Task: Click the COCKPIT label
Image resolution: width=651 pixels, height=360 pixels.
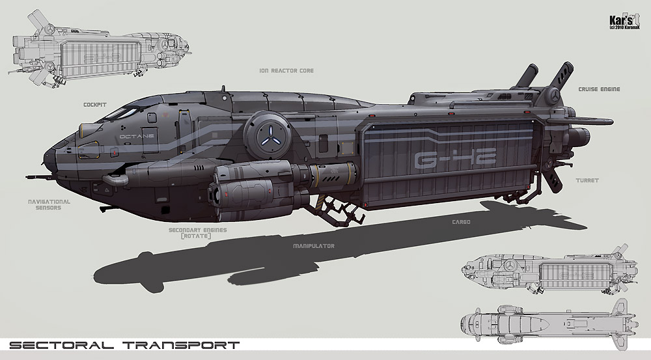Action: click(94, 105)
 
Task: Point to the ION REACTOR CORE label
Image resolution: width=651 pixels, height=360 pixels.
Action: click(286, 70)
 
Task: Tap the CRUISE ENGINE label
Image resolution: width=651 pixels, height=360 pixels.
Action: click(599, 89)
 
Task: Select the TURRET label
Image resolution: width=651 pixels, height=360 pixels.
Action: click(587, 180)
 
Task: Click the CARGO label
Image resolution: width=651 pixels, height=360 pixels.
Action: click(461, 222)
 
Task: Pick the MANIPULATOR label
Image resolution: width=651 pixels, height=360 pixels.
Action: click(314, 246)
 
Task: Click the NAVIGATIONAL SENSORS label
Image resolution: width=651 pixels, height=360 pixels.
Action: click(49, 204)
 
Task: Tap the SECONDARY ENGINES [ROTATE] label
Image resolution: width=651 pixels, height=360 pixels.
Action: click(198, 233)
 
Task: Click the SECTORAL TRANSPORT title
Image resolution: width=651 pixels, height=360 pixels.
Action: click(124, 345)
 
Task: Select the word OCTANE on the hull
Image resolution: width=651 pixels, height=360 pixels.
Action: click(137, 136)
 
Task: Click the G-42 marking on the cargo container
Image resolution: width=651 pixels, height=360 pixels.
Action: click(456, 159)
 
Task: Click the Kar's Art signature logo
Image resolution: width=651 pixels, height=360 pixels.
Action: click(624, 21)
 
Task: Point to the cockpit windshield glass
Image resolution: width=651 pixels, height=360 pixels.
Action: click(122, 112)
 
